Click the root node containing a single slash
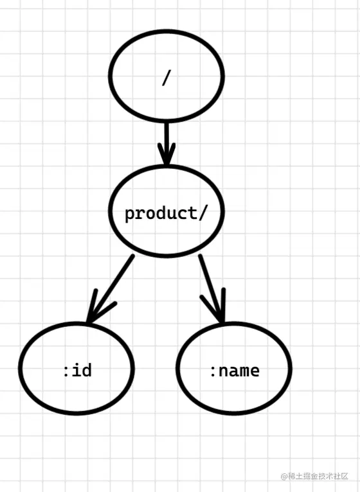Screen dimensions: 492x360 tap(166, 76)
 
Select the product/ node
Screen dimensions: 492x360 tap(166, 213)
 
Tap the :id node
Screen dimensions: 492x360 tap(76, 369)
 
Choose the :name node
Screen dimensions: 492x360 tap(234, 369)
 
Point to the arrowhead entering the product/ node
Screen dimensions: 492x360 tap(166, 157)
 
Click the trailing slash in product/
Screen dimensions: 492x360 tap(204, 213)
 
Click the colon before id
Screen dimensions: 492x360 tap(66, 371)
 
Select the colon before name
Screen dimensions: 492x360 tap(213, 371)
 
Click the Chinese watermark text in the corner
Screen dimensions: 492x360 tap(318, 476)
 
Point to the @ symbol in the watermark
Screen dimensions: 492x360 tap(283, 476)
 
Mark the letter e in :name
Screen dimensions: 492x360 tap(255, 371)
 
